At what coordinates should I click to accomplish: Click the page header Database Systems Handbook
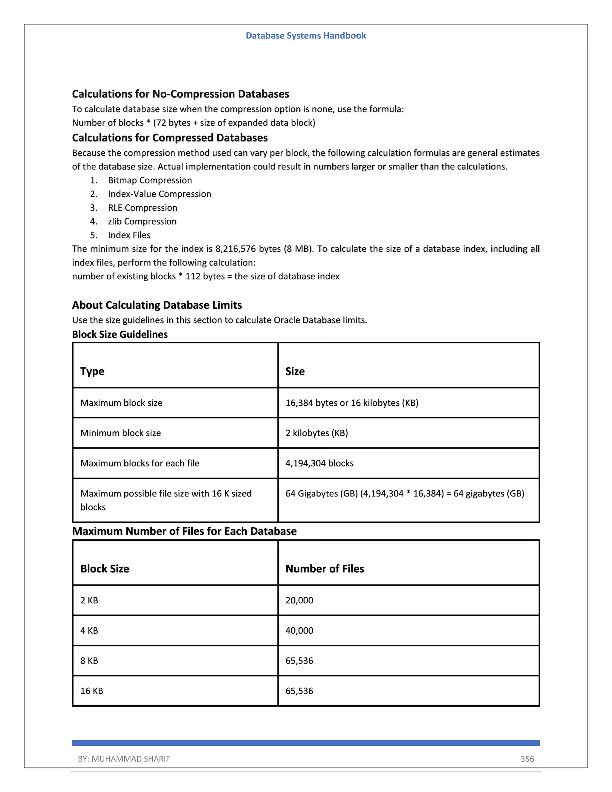click(x=306, y=36)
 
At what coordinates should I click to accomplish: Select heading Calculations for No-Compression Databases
click(x=180, y=94)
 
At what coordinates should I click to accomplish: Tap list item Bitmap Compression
click(x=150, y=180)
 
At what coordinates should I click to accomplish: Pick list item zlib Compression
click(x=142, y=221)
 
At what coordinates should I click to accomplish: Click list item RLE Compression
click(x=143, y=208)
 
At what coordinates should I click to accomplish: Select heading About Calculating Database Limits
click(x=157, y=305)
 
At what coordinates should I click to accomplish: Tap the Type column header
click(x=92, y=371)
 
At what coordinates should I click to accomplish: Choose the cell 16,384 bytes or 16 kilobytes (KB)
click(x=352, y=403)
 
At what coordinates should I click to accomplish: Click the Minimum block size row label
click(x=120, y=433)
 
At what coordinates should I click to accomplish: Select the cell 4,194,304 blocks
click(x=319, y=463)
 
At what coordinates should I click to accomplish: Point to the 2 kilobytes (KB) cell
click(x=316, y=433)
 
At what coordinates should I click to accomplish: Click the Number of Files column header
click(x=325, y=569)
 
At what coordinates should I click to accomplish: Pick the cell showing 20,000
click(x=299, y=600)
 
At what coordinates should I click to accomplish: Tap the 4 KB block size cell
click(x=89, y=631)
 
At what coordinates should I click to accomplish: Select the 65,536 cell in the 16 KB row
click(x=299, y=691)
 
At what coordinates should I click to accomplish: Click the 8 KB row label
click(x=89, y=661)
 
